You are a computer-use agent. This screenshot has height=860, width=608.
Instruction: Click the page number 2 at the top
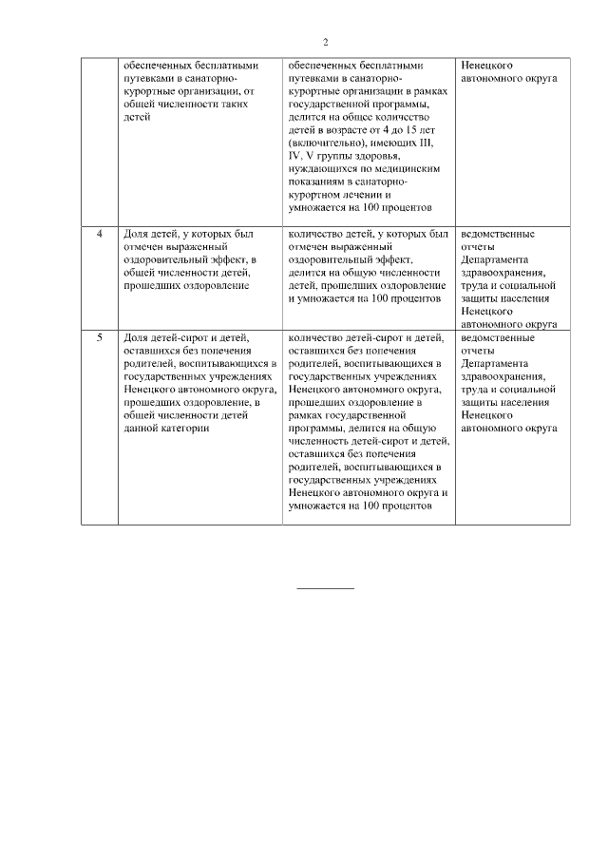pos(325,43)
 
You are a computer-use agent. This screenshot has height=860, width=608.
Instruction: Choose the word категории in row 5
pos(185,429)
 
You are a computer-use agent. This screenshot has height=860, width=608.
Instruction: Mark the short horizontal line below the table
pos(325,589)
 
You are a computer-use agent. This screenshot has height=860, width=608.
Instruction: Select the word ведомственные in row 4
pos(496,234)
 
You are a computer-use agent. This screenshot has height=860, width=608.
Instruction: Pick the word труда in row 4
pos(475,284)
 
